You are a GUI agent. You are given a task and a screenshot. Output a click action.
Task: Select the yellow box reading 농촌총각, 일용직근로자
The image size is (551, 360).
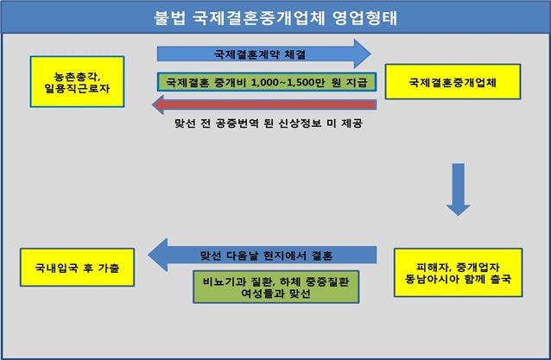point(75,82)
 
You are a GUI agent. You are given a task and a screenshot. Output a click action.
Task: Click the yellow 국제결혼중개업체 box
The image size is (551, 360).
point(455,83)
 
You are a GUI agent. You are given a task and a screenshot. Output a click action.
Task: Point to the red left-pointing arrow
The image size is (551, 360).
point(263,106)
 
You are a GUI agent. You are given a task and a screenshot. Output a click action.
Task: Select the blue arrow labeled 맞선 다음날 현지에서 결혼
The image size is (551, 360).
point(263,255)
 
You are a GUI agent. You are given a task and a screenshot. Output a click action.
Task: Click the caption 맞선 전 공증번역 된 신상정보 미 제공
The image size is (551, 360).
point(260,124)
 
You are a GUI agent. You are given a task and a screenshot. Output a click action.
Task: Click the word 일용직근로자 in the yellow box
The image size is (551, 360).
point(77,89)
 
